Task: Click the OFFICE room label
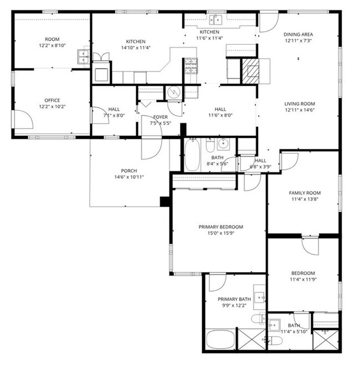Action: coord(49,100)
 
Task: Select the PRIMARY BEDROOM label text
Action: coord(220,227)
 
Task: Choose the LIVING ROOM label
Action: coord(300,104)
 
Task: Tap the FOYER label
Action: coord(161,117)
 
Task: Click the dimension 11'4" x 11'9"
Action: coord(304,280)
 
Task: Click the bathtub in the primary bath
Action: coord(220,339)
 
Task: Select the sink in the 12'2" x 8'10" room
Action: coord(84,55)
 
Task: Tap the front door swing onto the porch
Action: coord(151,145)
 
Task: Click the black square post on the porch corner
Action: coord(164,201)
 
